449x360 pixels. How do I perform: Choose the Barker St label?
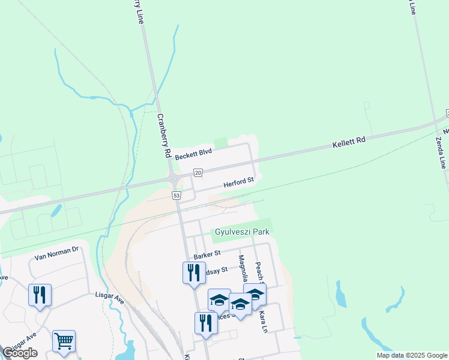(x=208, y=256)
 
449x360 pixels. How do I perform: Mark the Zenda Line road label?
(x=441, y=152)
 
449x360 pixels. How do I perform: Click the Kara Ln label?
(x=262, y=321)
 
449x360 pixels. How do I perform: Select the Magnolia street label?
(x=243, y=271)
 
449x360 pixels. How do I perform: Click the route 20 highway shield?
(x=197, y=173)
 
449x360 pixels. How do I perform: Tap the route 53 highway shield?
(x=176, y=196)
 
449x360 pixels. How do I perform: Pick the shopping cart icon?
(x=64, y=341)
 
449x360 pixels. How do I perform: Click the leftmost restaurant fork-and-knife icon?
(x=40, y=295)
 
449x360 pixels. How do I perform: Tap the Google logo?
(x=20, y=353)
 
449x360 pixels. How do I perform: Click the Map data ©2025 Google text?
(x=411, y=355)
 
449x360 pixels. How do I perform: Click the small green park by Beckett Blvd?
(x=221, y=142)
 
